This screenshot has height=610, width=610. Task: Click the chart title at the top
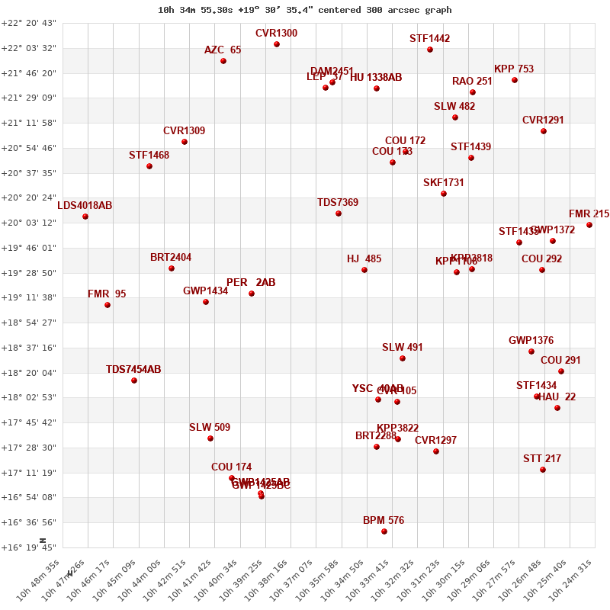tap(304, 10)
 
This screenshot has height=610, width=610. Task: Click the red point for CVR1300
tap(277, 44)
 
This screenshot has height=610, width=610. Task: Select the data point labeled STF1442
tap(430, 50)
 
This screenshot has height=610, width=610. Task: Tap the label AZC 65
tap(223, 50)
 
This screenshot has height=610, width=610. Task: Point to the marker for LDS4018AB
tap(85, 217)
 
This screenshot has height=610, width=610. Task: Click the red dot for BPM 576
tap(384, 531)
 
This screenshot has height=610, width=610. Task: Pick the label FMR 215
tap(589, 214)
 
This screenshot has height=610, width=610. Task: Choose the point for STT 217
tap(543, 470)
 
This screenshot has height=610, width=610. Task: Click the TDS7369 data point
tap(339, 213)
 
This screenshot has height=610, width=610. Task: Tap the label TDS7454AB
tap(133, 370)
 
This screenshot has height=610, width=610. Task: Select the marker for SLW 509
tap(210, 438)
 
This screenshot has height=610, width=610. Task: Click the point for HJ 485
tap(364, 270)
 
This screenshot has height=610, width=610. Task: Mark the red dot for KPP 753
tap(515, 80)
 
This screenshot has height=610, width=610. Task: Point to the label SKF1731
tap(444, 183)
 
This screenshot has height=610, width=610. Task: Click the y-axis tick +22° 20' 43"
tap(29, 24)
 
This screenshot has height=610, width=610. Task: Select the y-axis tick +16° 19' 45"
tap(29, 547)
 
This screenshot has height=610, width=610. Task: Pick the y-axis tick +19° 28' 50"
tap(29, 273)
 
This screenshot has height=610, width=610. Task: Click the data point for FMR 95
tap(108, 305)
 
